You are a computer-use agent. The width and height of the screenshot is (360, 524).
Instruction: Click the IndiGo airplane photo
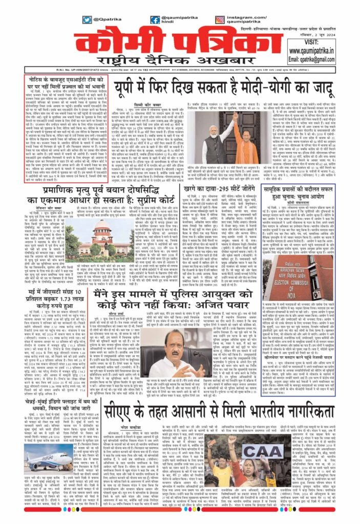click(x=51, y=455)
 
